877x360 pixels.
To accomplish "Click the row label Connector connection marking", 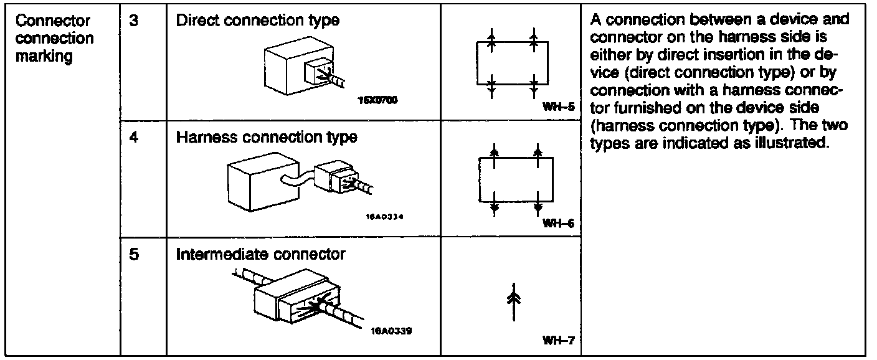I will coord(55,38).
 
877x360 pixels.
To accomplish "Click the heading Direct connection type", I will coord(258,20).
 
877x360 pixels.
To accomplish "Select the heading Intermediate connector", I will coord(260,254).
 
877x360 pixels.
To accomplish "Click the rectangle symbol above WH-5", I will coord(512,62).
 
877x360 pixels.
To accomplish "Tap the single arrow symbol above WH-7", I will coord(513,302).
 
